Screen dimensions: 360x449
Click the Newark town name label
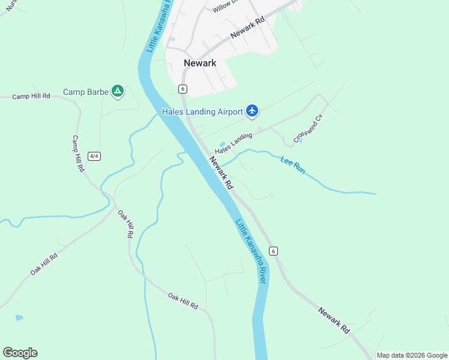point(200,63)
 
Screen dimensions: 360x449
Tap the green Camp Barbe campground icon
point(118,91)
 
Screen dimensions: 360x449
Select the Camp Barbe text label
point(86,92)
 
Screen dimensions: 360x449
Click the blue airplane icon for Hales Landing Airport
point(252,110)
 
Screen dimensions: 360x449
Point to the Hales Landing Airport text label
point(202,112)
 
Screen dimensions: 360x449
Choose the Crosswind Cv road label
point(308,129)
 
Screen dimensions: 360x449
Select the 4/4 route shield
point(94,156)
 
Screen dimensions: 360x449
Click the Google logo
point(20,353)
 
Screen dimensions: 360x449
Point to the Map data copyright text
point(412,355)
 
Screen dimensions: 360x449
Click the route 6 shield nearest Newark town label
point(182,89)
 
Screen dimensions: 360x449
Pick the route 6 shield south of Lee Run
point(274,251)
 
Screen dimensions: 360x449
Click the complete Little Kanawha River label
point(251,251)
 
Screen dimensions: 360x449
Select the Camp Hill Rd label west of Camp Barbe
point(31,97)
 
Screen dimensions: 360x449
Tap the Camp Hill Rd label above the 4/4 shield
point(78,154)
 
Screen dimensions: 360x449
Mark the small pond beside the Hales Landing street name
point(223,145)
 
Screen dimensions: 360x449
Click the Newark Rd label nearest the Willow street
point(248,28)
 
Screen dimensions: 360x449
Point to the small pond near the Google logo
point(19,317)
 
